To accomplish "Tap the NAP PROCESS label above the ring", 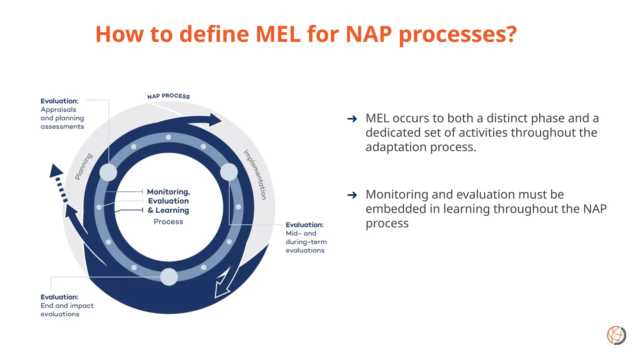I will pos(168,96).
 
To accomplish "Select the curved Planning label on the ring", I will pos(83,166).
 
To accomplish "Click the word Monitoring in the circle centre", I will pos(168,192).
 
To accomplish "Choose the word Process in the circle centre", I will pos(168,222).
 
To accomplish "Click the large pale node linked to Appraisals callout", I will pos(108,172).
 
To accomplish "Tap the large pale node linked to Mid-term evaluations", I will pos(229,172).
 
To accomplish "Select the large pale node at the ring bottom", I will pos(169,277).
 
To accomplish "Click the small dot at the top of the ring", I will pos(168,137).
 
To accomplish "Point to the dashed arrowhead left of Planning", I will pos(56,171).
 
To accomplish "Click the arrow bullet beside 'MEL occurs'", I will pos(352,119).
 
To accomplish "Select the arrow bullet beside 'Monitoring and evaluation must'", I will pos(352,195).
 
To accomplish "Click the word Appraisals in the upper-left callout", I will pos(58,110).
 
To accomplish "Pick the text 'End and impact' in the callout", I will pos(67,306).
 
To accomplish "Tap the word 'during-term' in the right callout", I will pos(306,242).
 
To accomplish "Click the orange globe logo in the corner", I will pos(616,335).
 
